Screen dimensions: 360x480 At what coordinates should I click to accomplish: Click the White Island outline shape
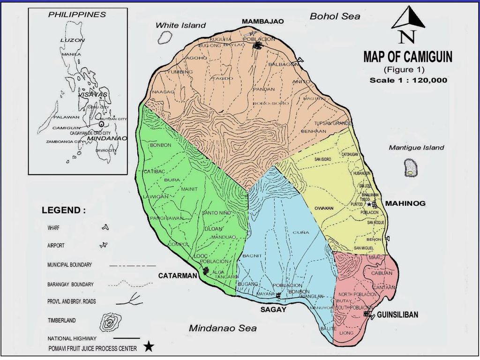(165, 37)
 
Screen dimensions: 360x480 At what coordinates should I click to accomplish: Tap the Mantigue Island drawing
(411, 167)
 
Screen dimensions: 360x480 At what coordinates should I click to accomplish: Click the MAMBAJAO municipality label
(260, 22)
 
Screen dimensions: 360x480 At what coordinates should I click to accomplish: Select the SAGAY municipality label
(273, 309)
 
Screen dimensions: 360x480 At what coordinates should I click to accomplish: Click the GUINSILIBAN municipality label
(397, 315)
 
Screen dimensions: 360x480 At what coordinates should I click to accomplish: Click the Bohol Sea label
(335, 16)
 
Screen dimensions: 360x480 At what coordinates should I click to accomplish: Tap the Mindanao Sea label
(223, 328)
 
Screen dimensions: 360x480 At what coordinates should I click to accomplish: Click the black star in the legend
(149, 347)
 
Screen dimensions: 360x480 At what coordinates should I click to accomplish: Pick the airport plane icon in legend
(104, 245)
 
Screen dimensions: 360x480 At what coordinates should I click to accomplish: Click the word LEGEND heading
(64, 210)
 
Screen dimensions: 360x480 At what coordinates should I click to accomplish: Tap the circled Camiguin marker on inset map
(101, 125)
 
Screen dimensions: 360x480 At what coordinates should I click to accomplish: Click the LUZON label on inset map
(73, 40)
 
